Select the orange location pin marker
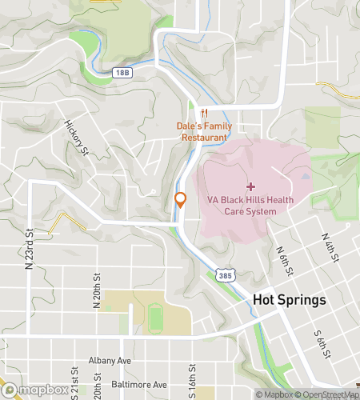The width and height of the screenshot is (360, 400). point(181,200)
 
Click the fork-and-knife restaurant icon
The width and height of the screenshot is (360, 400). point(205,112)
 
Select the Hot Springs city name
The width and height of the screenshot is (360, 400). point(290,300)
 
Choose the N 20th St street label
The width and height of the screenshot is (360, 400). point(96,289)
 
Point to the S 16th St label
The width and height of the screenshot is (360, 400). point(192,384)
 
